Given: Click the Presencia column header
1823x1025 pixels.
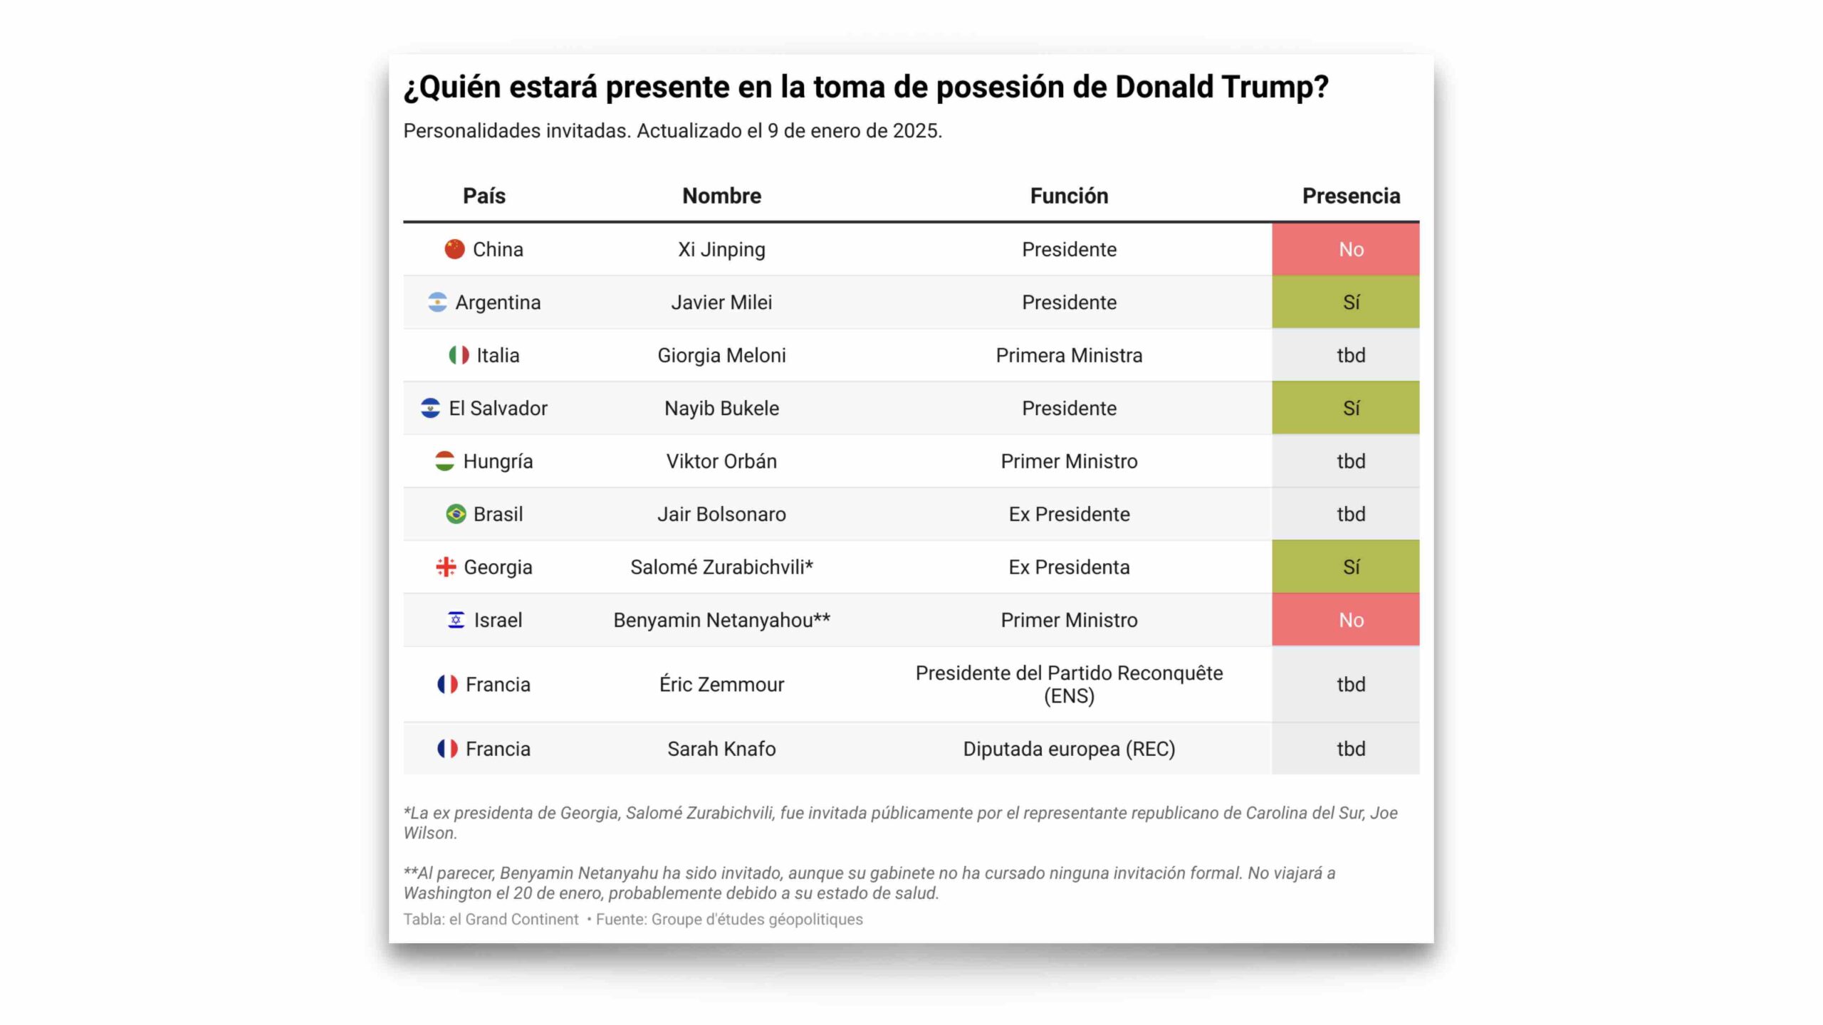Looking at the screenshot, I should coord(1350,196).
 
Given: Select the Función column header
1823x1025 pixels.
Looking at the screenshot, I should coord(1068,196).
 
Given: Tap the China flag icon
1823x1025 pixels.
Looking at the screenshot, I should coord(454,249).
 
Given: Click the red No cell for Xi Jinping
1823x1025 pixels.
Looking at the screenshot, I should coord(1345,249).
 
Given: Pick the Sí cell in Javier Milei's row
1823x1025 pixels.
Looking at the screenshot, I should coord(1345,303).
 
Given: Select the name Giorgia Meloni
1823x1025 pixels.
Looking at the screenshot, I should coord(721,355).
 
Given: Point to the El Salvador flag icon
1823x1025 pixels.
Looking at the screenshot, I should coord(430,408).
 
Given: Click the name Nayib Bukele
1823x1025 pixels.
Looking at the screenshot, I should coord(721,408).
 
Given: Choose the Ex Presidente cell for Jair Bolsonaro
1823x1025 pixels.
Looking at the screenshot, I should coord(1068,514).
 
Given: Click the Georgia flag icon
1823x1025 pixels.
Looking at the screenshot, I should coord(446,567).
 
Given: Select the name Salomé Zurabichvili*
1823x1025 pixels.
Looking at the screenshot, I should coord(721,567).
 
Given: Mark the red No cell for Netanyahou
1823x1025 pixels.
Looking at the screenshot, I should coord(1345,620).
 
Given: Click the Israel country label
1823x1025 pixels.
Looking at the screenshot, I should coord(498,620).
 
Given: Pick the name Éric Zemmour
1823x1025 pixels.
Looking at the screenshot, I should coord(721,684).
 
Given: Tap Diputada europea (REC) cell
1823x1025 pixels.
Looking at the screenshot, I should coord(1068,749).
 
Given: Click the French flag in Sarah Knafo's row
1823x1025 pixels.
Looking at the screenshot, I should coord(447,749).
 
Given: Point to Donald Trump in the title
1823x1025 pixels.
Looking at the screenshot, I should coord(1221,87).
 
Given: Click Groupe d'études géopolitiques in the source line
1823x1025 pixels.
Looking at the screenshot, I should coord(756,919).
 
